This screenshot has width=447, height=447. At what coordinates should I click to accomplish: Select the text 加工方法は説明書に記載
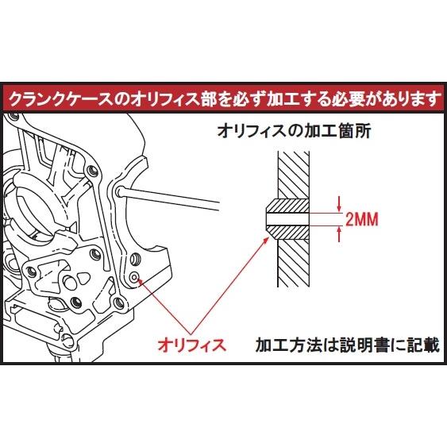pos(347,345)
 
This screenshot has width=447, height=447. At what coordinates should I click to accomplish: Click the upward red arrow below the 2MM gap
pos(340,233)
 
